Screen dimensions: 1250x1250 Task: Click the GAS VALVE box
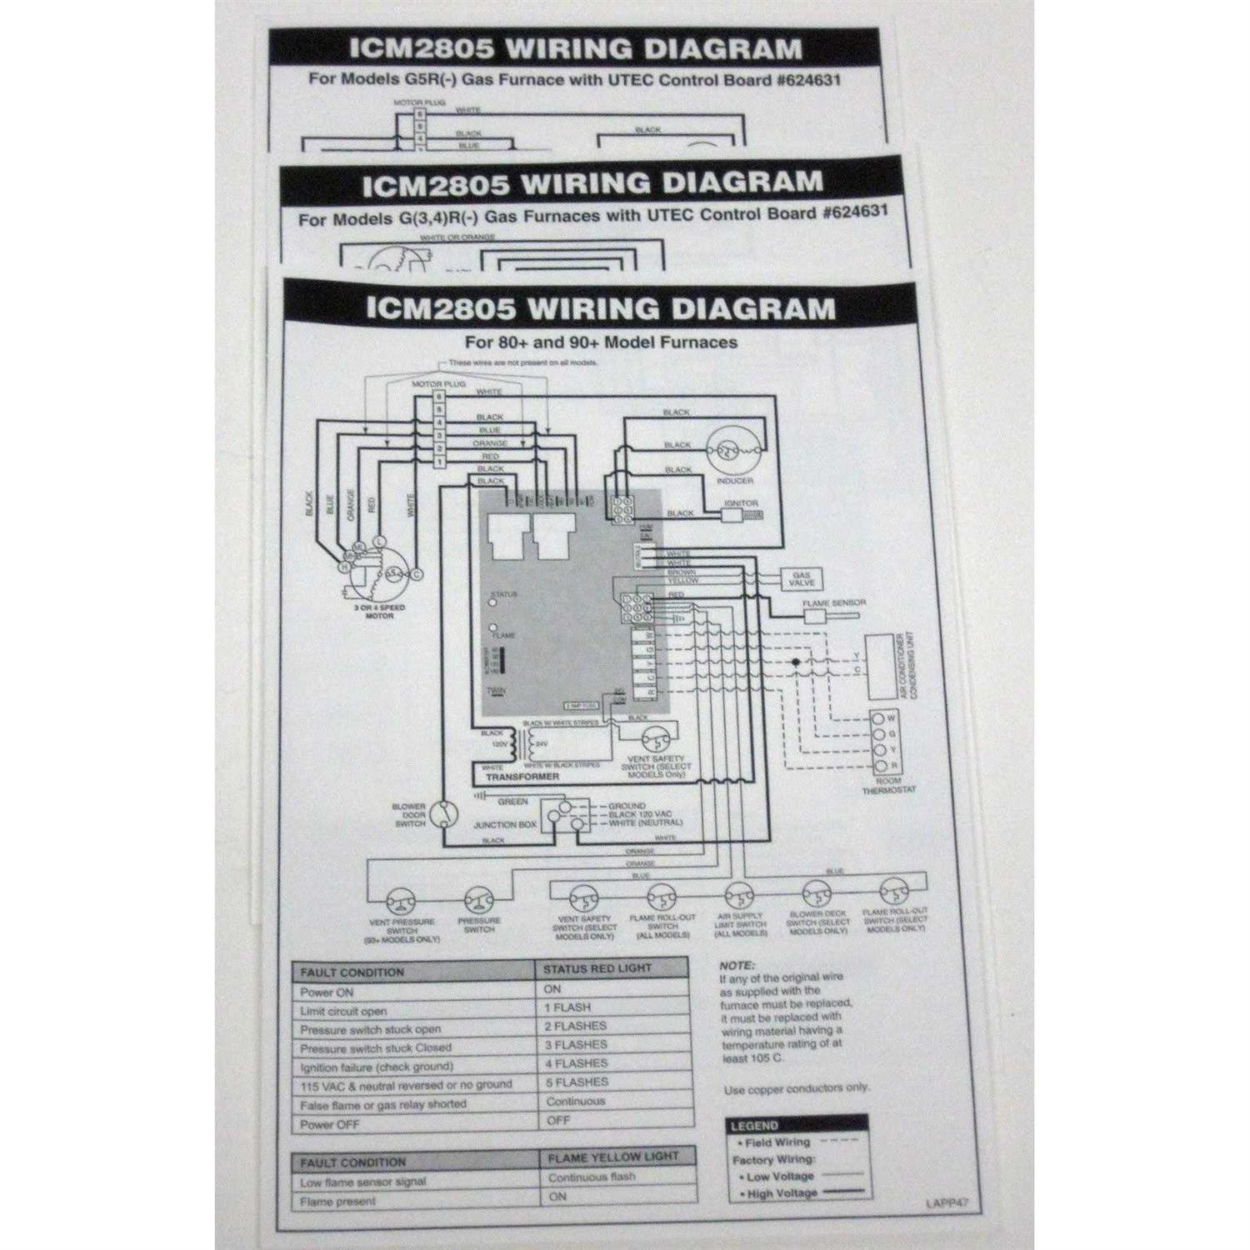(801, 579)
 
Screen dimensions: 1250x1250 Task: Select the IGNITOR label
(741, 503)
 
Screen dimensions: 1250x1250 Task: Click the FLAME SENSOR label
(833, 602)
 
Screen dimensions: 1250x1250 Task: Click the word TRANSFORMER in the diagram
(522, 776)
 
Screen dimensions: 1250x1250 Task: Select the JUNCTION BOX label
(505, 825)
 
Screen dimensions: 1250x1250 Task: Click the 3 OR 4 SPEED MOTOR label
(379, 612)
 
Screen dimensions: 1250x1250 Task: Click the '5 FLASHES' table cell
(576, 1082)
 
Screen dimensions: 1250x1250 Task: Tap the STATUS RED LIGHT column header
(597, 968)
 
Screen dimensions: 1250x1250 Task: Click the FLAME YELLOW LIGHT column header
(612, 1157)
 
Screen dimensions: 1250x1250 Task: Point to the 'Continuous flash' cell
(592, 1177)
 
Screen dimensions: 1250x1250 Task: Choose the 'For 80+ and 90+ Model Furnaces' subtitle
(600, 342)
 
